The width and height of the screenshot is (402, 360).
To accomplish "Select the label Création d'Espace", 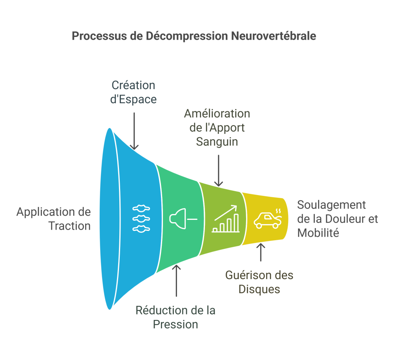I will click(x=134, y=92).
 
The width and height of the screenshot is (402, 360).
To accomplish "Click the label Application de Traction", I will click(x=54, y=219).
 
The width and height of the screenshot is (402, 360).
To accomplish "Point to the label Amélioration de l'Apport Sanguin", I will click(x=217, y=128).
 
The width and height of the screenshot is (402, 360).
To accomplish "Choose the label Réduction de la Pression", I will click(x=175, y=318).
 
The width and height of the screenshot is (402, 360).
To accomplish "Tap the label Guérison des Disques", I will click(x=259, y=282).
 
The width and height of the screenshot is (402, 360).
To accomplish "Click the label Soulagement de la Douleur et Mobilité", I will click(x=337, y=219).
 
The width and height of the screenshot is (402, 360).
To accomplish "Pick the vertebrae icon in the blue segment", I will click(x=141, y=218).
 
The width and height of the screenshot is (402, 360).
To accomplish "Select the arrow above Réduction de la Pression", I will click(x=176, y=281).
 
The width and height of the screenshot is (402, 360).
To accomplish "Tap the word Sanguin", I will click(x=217, y=141).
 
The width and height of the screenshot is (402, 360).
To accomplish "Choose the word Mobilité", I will click(x=318, y=233).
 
